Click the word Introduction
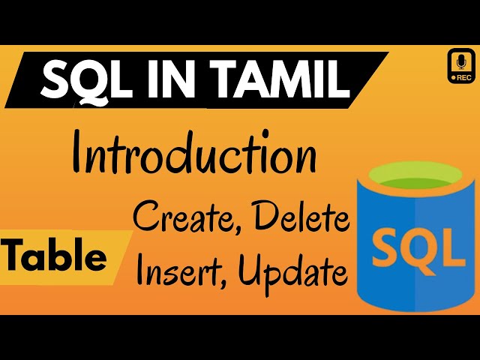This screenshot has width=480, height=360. pyautogui.click(x=193, y=155)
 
